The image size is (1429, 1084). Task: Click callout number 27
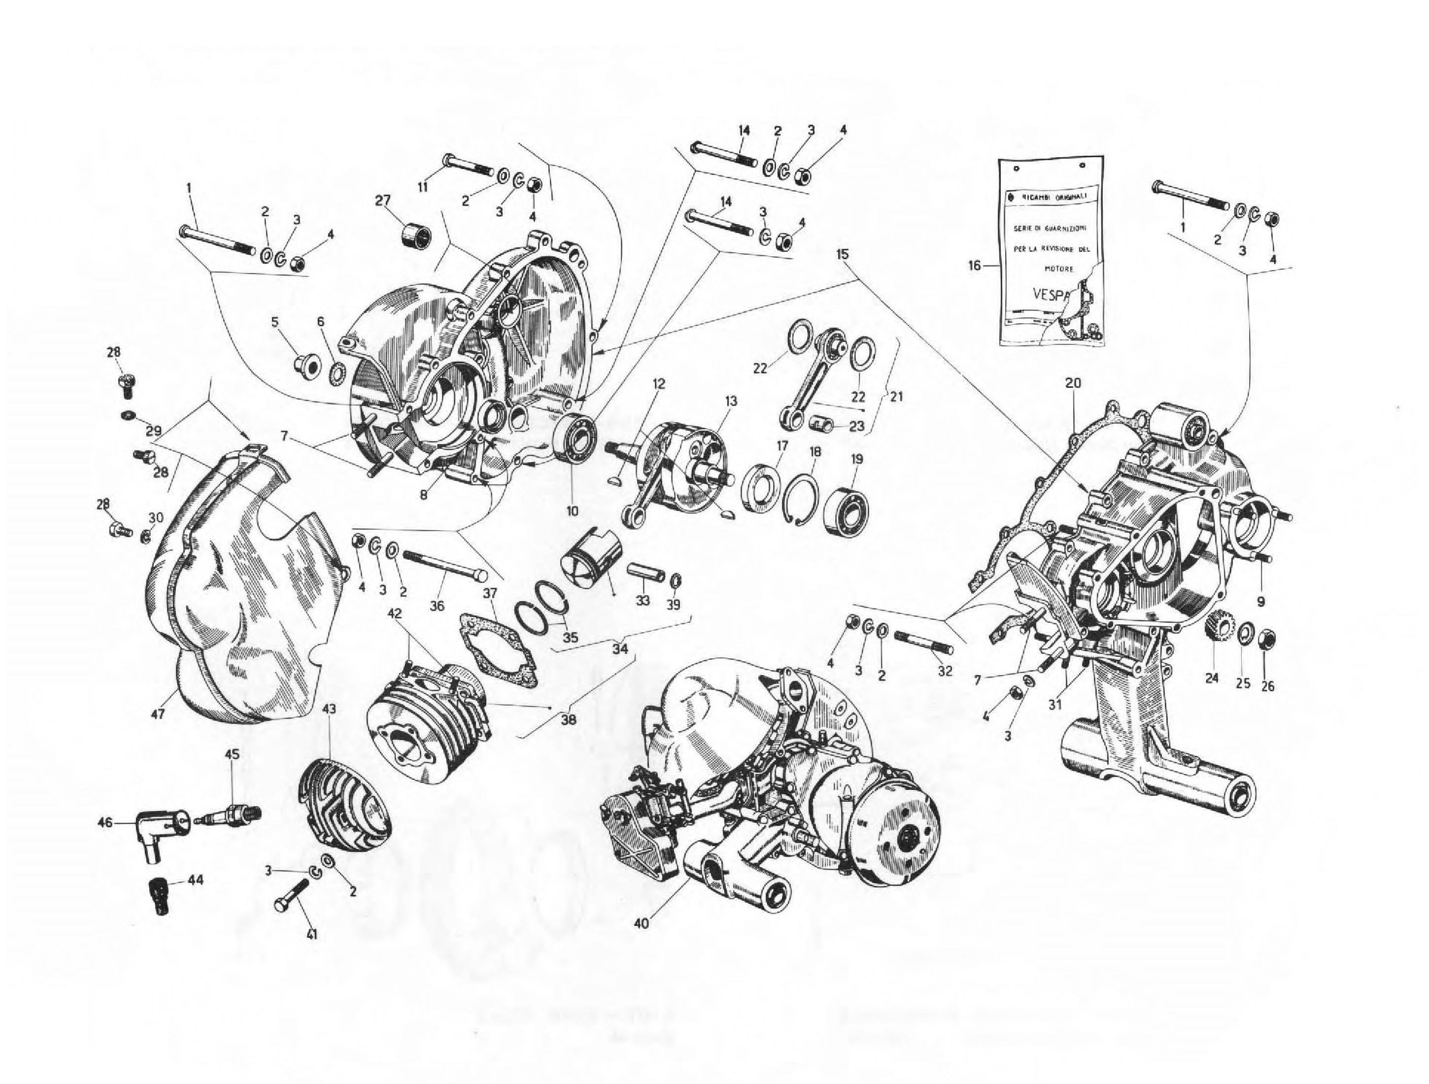click(382, 200)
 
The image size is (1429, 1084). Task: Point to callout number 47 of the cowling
click(158, 714)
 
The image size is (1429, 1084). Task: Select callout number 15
click(843, 254)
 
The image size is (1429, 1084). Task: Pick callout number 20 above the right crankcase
click(1073, 383)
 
